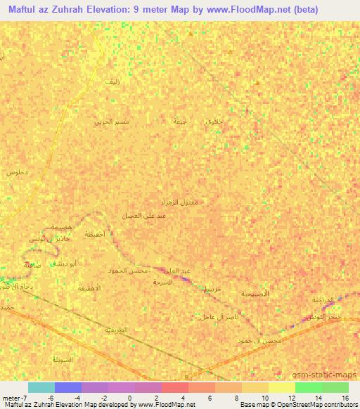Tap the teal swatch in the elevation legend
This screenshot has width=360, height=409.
click(x=41, y=387)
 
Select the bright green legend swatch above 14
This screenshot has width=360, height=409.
click(x=308, y=387)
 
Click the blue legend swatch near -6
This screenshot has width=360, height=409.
click(x=67, y=387)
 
